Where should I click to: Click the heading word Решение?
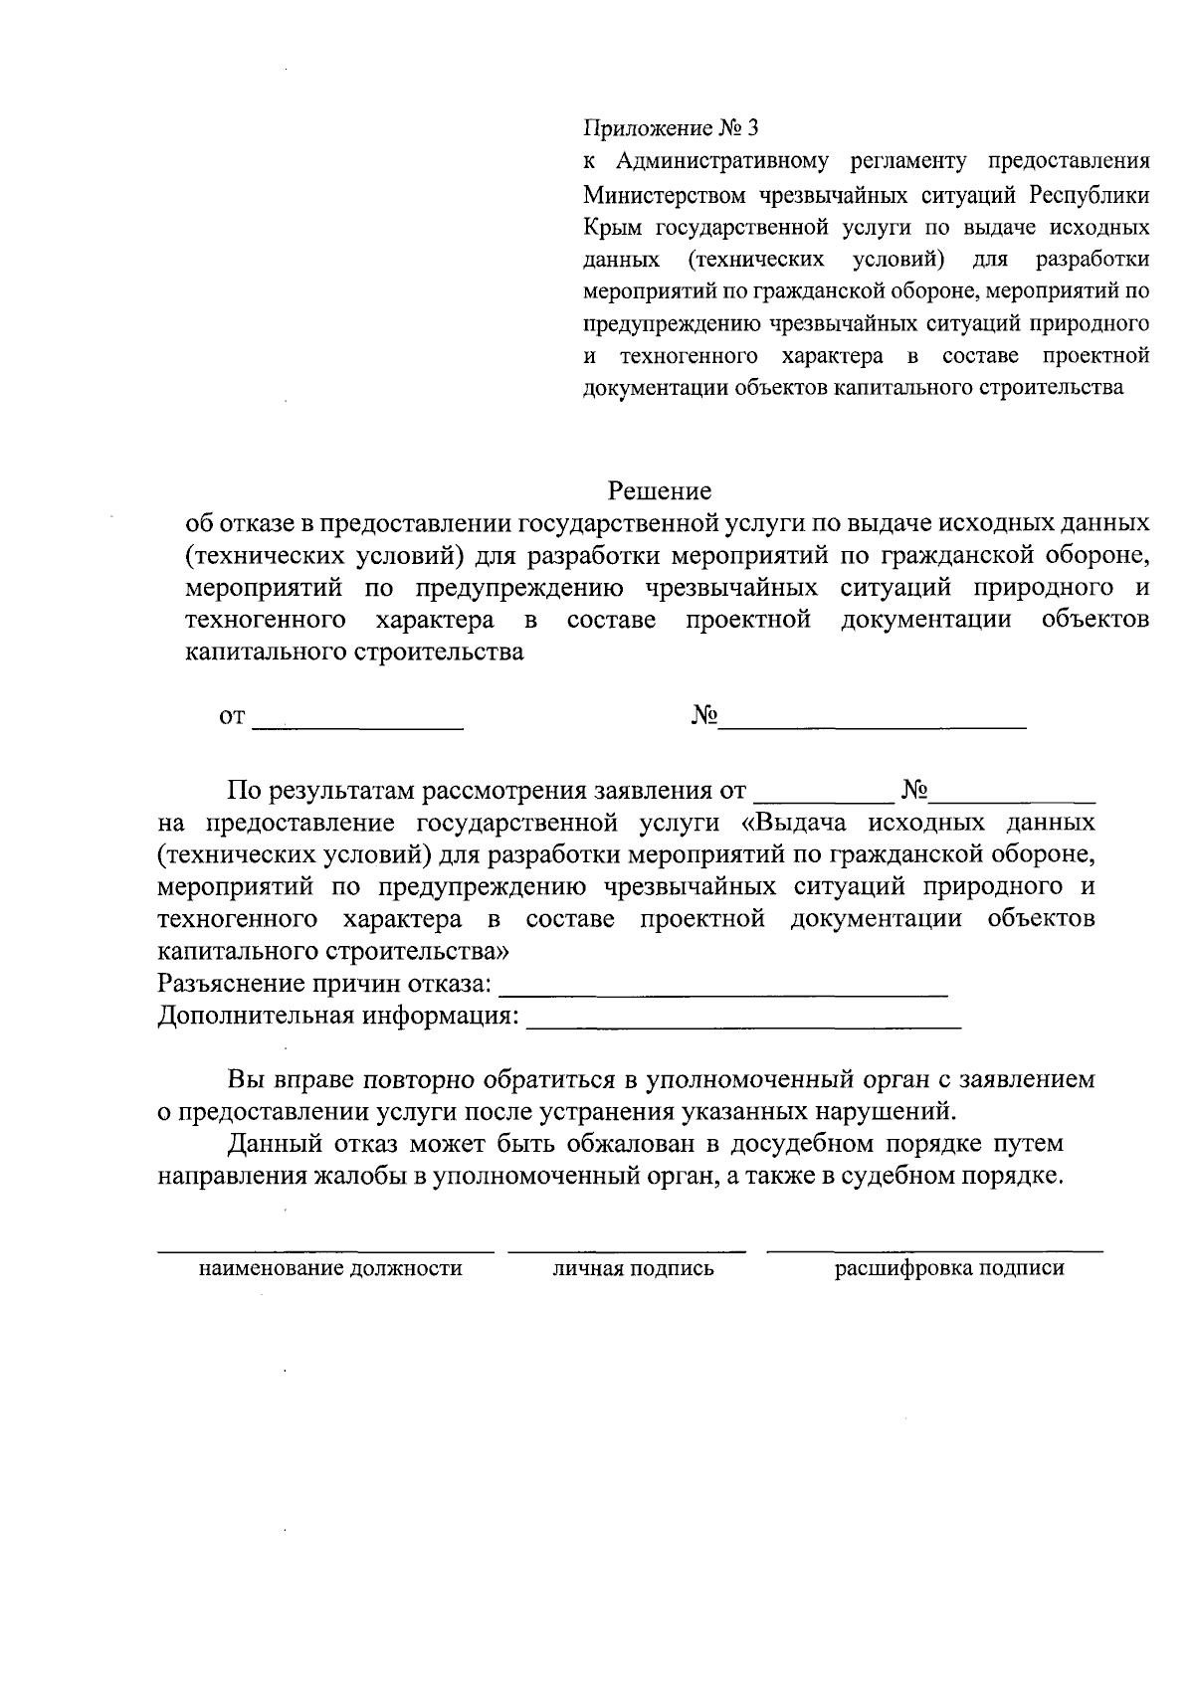(x=660, y=491)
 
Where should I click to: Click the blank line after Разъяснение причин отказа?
(x=722, y=992)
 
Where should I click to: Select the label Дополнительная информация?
(x=338, y=1017)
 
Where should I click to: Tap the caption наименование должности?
(x=331, y=1268)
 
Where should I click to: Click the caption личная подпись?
(x=634, y=1268)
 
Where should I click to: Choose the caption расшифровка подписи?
(x=949, y=1268)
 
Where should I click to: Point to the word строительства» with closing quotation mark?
(x=417, y=951)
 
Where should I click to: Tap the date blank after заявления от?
(x=823, y=798)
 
